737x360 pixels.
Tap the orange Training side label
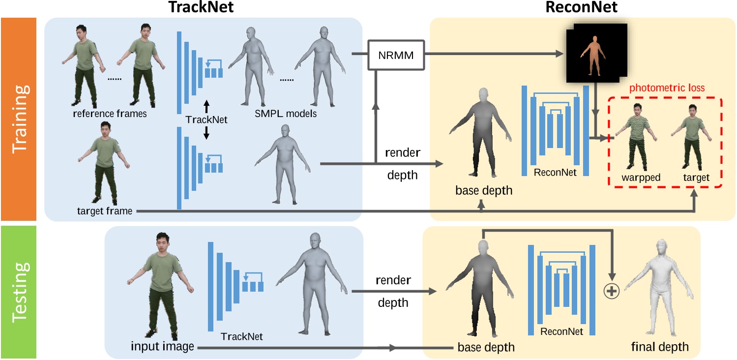tap(22, 119)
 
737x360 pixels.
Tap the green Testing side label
tap(22, 291)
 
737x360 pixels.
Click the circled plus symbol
tap(611, 292)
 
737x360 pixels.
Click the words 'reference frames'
tap(110, 114)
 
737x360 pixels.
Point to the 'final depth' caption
tap(659, 347)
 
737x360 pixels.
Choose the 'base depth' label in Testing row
tap(486, 347)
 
